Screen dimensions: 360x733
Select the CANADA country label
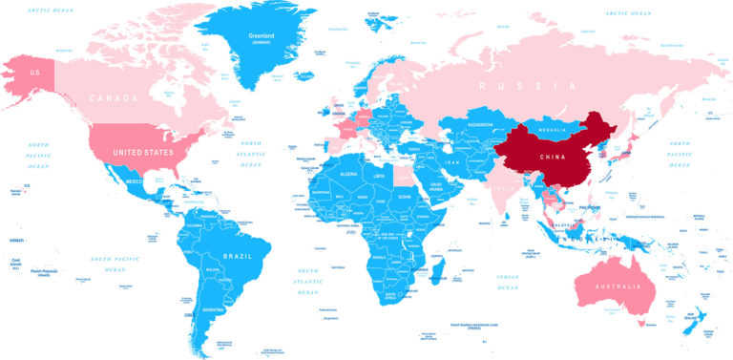[x=114, y=98]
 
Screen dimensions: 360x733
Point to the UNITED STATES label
[x=143, y=152]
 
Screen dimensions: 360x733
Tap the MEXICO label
[x=134, y=181]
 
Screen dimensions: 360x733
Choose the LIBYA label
[x=380, y=177]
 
